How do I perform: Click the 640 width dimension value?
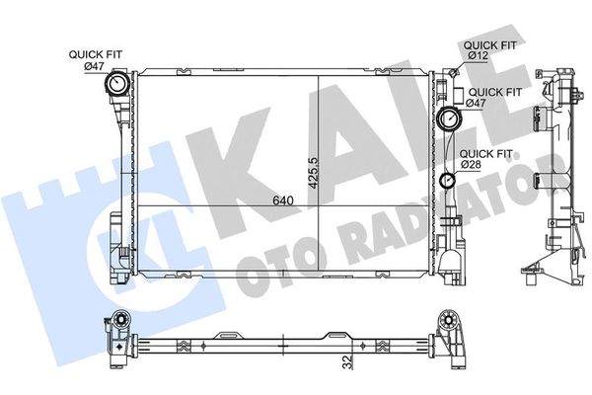(x=283, y=199)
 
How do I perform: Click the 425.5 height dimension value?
(x=314, y=173)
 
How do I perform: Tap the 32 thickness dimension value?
(x=347, y=361)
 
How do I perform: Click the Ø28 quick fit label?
(x=470, y=165)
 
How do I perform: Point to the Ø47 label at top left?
(x=94, y=66)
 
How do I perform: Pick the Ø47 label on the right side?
(x=476, y=103)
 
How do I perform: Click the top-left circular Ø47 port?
(x=116, y=83)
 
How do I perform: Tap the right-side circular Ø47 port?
(x=448, y=118)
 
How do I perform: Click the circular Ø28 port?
(x=448, y=180)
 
